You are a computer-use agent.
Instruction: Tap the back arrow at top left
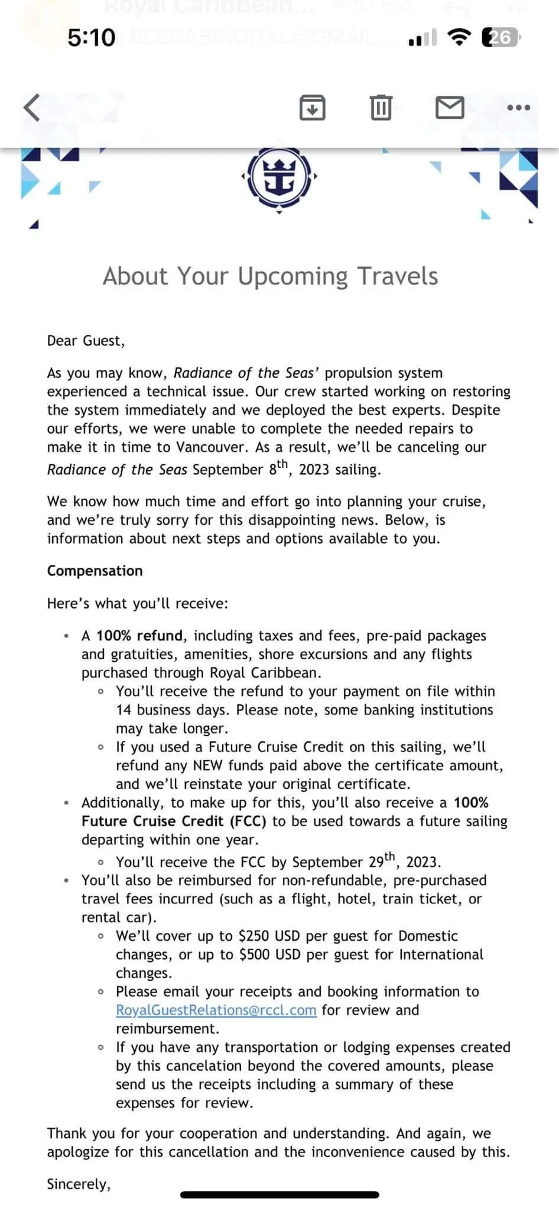[x=31, y=108]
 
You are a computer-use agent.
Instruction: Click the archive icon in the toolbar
[x=312, y=108]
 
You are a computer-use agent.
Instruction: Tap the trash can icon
[x=381, y=108]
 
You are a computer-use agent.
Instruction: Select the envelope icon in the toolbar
[x=450, y=108]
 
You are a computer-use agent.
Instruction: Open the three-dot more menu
[x=519, y=108]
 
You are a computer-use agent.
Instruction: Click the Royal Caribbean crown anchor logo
[x=279, y=177]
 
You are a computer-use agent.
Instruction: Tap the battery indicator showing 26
[x=500, y=38]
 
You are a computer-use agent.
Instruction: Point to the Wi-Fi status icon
[x=459, y=38]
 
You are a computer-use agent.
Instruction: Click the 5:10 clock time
[x=91, y=38]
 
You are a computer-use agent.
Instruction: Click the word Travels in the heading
[x=398, y=277]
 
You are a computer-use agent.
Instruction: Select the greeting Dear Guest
[x=86, y=341]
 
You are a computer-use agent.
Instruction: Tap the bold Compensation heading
[x=95, y=571]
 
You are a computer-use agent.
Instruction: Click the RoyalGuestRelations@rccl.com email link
[x=216, y=1010]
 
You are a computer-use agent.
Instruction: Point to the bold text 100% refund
[x=139, y=636]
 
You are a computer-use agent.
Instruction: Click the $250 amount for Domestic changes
[x=254, y=936]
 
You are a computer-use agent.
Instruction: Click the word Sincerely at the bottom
[x=79, y=1185]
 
